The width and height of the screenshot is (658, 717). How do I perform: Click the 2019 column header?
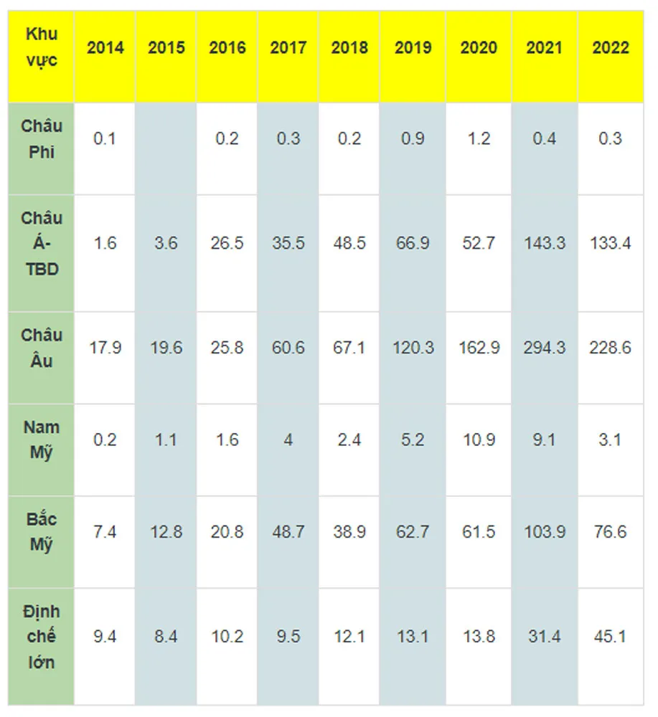coord(413,48)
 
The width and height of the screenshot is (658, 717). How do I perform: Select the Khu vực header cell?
coord(41,47)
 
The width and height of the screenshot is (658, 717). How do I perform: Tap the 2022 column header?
coord(611,48)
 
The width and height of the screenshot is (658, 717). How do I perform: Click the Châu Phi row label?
coord(41,139)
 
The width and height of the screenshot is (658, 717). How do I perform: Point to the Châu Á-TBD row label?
coord(41,244)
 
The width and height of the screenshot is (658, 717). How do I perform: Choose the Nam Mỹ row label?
coord(41,440)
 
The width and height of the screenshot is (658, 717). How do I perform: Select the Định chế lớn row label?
coord(41,637)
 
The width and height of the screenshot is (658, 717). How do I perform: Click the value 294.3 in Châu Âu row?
coord(545,348)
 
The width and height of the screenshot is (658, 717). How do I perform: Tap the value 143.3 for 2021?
coord(545,243)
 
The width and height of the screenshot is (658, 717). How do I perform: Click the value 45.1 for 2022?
coord(611,637)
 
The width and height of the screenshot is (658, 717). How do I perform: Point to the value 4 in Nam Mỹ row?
coord(288,440)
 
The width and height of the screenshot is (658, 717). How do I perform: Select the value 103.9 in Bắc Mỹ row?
coord(545,532)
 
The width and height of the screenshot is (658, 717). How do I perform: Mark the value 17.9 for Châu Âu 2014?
coord(105,348)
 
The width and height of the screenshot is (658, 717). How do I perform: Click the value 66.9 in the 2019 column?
coord(413,243)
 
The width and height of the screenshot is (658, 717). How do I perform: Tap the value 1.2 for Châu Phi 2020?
coord(479,138)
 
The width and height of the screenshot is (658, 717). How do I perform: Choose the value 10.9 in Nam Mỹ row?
coord(479,440)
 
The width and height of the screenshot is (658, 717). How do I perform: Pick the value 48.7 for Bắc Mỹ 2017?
coord(288,532)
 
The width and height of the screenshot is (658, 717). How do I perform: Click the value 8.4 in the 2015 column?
coord(166,637)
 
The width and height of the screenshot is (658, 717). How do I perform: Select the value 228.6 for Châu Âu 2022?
coord(611,348)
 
